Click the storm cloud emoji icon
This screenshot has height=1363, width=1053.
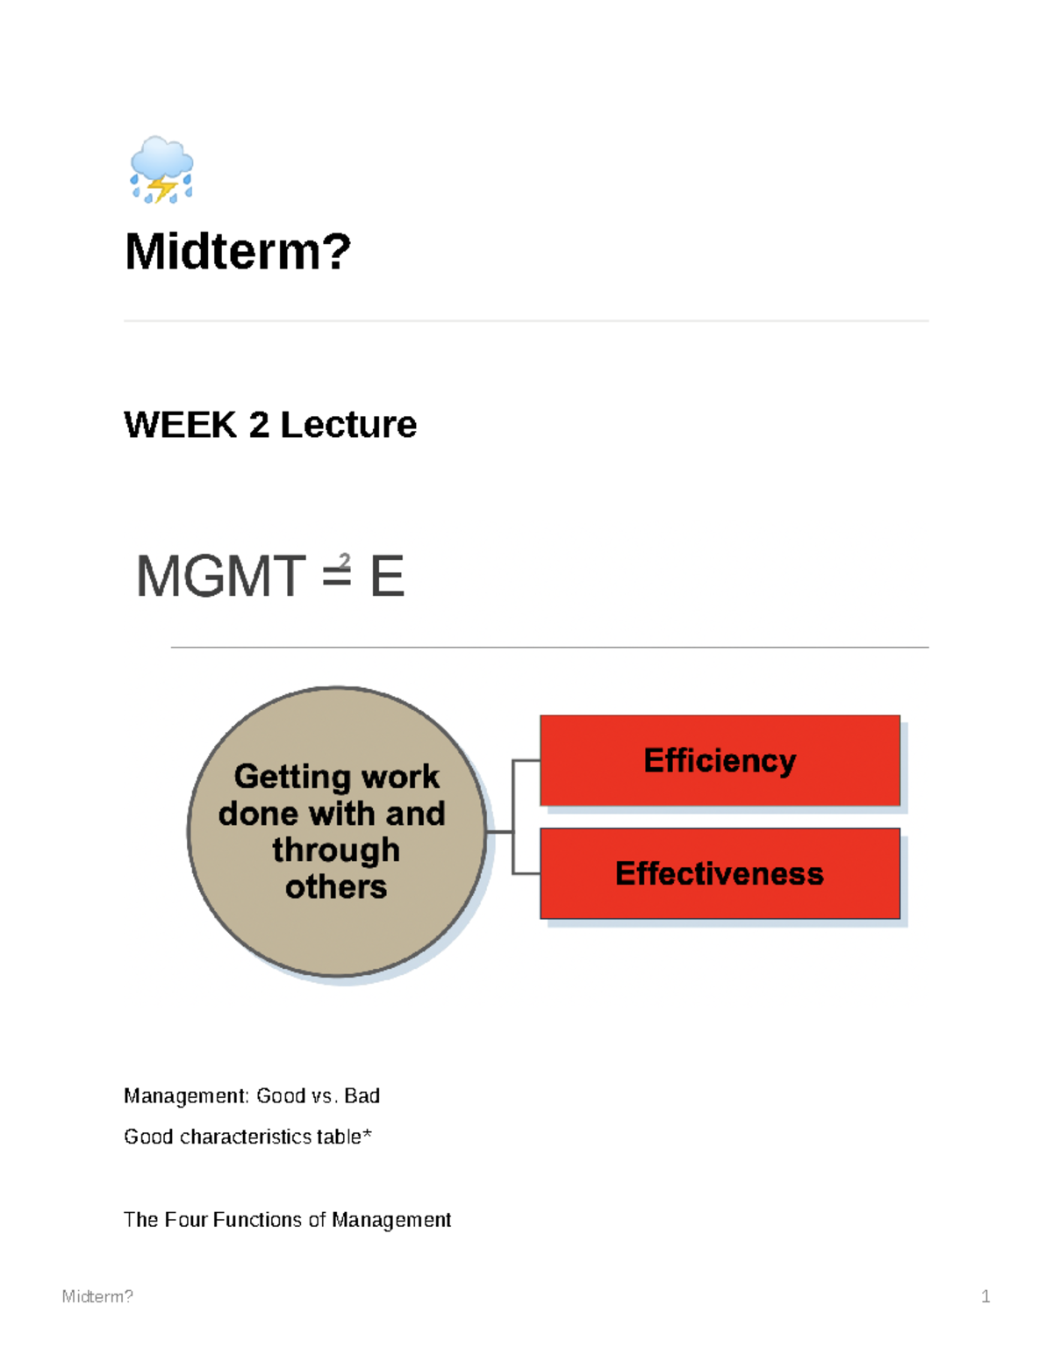(161, 170)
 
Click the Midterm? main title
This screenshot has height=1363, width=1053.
(238, 252)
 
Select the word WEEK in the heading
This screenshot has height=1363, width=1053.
(181, 425)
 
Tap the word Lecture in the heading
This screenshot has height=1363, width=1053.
(348, 425)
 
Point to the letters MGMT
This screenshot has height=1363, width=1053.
(220, 577)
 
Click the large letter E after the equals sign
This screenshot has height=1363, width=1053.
(386, 577)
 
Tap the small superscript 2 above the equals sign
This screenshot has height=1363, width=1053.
(344, 560)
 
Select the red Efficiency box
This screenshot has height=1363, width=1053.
(720, 760)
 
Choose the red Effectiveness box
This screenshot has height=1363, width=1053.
(720, 873)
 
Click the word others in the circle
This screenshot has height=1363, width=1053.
(336, 887)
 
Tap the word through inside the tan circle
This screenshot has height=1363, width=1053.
(336, 850)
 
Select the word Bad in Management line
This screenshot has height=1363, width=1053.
(362, 1096)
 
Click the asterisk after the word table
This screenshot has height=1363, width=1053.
(368, 1135)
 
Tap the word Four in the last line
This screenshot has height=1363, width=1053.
(186, 1220)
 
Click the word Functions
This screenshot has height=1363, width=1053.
(258, 1220)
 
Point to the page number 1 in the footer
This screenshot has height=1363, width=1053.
(985, 1296)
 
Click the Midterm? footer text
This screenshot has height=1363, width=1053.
(97, 1296)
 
